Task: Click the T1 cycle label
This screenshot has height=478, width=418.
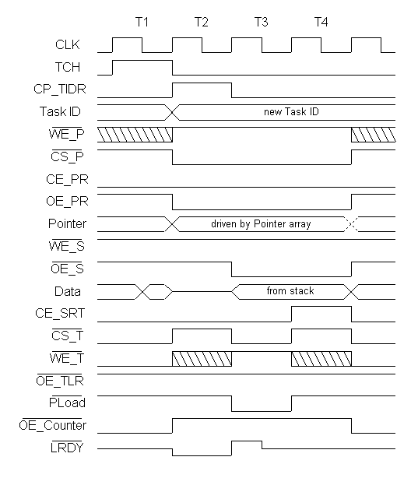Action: [142, 23]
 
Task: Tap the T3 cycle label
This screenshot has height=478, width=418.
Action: [262, 23]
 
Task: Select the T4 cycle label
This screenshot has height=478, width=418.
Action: [321, 23]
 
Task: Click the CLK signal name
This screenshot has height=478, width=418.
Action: [68, 45]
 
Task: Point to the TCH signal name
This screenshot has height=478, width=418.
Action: [68, 67]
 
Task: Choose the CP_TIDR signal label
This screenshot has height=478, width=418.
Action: [60, 90]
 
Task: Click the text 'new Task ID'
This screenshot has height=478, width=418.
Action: [291, 112]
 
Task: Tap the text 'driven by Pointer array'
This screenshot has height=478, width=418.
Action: [261, 224]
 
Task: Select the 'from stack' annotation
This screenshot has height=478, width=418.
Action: [290, 291]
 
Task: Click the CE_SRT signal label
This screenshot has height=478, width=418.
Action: [60, 314]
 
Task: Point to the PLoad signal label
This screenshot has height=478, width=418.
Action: [67, 403]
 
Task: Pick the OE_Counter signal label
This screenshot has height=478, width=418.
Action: [52, 425]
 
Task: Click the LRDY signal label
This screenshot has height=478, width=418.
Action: [67, 448]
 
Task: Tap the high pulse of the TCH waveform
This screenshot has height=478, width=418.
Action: [142, 61]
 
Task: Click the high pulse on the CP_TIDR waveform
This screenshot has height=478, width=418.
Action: [202, 83]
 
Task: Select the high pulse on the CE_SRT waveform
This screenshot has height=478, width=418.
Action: [321, 307]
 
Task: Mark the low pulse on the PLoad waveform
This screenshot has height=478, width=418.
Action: [262, 411]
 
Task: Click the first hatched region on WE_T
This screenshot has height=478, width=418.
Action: [202, 359]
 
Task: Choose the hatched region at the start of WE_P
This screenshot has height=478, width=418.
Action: [135, 135]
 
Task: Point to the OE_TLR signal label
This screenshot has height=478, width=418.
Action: [60, 381]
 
